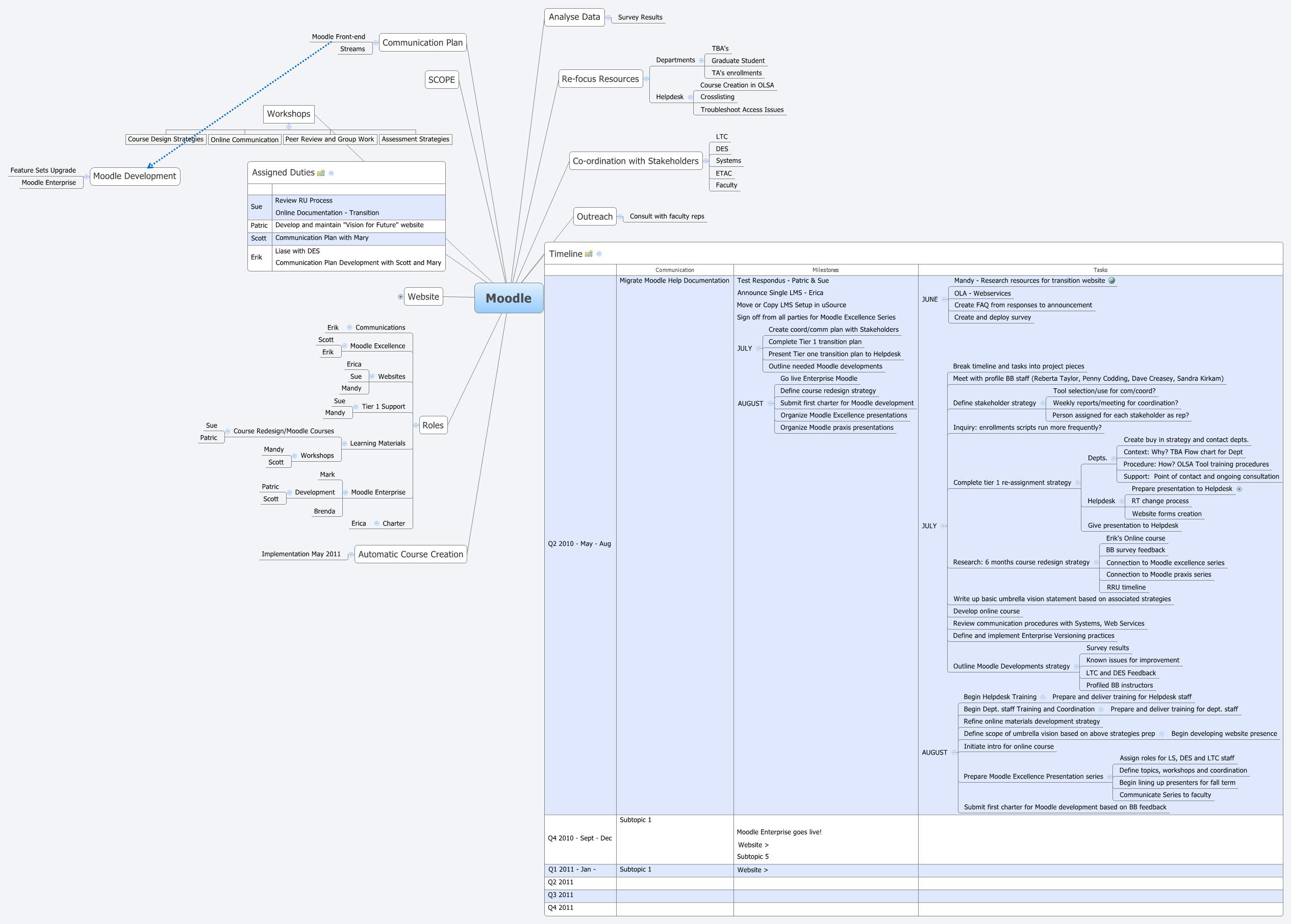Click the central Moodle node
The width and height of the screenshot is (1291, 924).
[509, 298]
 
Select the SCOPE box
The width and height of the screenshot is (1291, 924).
[441, 80]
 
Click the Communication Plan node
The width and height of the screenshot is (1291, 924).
[422, 43]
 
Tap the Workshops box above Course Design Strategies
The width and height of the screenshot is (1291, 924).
[288, 114]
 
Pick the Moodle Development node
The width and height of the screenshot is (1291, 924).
[134, 177]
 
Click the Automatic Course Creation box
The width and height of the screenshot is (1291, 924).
[410, 554]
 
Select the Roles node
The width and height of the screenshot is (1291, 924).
[433, 425]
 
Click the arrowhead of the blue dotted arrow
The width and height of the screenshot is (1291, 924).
[149, 166]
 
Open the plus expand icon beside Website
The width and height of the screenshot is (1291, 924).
[400, 296]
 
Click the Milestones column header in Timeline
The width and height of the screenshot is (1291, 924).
[825, 270]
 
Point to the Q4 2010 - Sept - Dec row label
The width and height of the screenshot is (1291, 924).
[579, 838]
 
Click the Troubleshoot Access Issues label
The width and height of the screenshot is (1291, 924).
[742, 110]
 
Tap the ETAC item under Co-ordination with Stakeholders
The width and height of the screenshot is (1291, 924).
[723, 173]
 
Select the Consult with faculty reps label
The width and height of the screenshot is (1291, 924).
[667, 216]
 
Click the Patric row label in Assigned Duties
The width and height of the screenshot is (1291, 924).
[259, 226]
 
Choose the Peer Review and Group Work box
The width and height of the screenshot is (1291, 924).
[330, 139]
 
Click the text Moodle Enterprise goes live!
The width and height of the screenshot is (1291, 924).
[778, 832]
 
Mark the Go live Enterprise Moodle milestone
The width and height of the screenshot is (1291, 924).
[818, 379]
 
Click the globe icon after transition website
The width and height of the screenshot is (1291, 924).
[1111, 281]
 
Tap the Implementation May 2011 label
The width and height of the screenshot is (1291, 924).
[301, 554]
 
